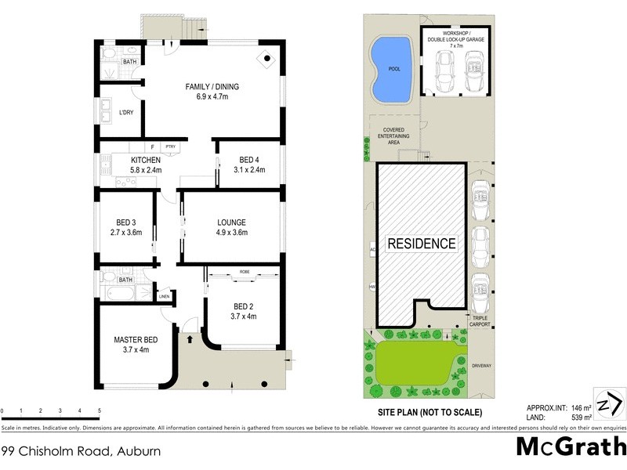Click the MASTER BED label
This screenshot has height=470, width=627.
(x=136, y=339)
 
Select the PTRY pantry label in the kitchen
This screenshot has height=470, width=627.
(x=169, y=146)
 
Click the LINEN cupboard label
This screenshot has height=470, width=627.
(x=164, y=297)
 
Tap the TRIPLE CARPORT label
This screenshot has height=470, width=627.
(x=480, y=320)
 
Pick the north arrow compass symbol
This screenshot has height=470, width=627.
(x=608, y=406)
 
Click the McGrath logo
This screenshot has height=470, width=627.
(x=571, y=447)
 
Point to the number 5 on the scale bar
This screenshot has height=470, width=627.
(x=99, y=410)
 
